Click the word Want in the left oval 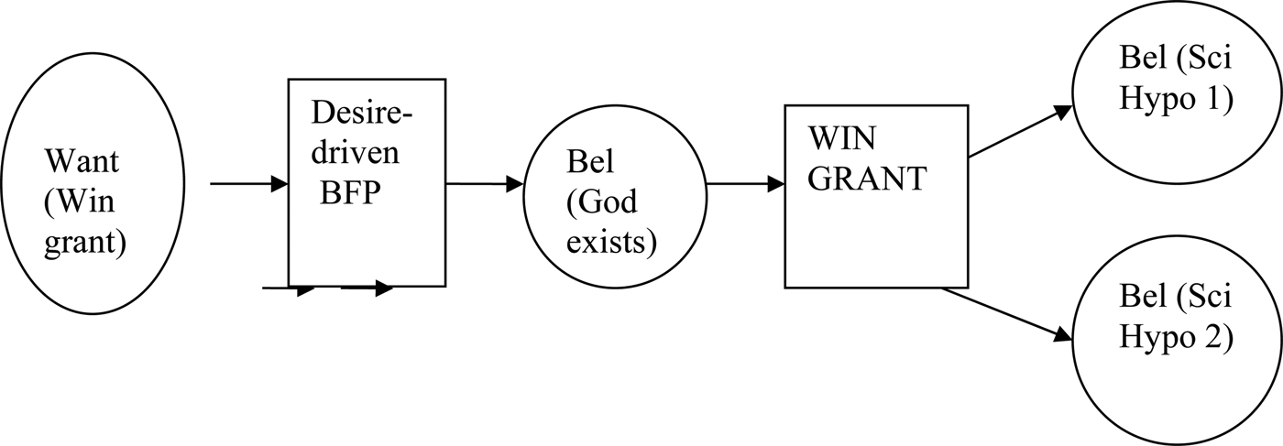coord(82,163)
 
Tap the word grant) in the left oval coord(84,245)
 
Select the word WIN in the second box coord(842,140)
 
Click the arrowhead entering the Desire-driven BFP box coord(279,184)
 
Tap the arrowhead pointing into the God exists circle coord(513,184)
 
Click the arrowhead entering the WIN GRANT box coord(774,184)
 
